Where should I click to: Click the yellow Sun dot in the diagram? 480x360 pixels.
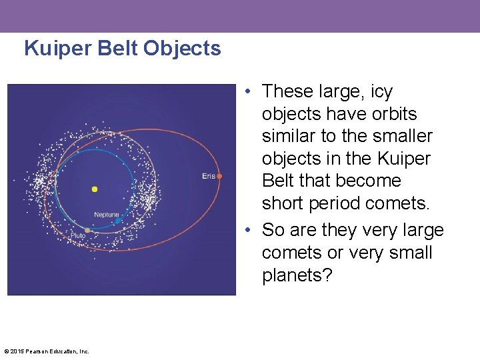(x=95, y=189)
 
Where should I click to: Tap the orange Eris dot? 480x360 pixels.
(x=219, y=176)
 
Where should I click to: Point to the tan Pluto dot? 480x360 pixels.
(x=87, y=230)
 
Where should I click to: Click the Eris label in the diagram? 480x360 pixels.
(x=209, y=176)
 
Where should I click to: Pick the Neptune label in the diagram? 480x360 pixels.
(x=107, y=215)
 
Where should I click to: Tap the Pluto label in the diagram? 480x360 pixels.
(x=77, y=236)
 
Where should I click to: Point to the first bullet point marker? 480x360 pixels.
(x=248, y=91)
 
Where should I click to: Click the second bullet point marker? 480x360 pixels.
(x=248, y=231)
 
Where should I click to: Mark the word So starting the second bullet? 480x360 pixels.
(x=273, y=231)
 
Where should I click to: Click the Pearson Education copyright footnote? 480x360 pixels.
(x=46, y=351)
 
